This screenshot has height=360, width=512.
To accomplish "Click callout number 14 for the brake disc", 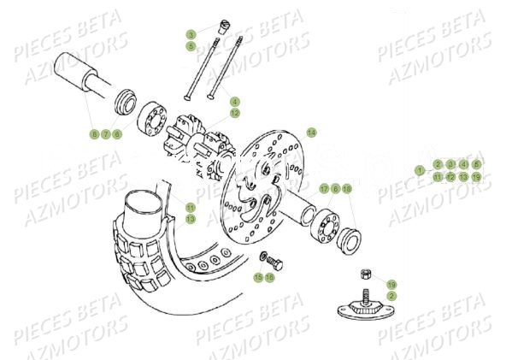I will coord(312,133).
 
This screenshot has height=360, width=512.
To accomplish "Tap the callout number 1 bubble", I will coord(420,170).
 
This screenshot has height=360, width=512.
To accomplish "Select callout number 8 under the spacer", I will coord(94,134).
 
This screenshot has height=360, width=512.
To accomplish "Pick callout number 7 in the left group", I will coord(106,134).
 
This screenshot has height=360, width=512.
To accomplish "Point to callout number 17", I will coord(324,188).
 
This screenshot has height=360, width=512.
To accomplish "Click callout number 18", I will coord(347,188).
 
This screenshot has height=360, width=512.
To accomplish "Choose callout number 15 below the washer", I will coord(257,277).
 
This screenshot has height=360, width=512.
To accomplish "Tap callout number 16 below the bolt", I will coord(269,277).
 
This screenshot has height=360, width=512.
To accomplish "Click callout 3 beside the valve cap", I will coord(191,34).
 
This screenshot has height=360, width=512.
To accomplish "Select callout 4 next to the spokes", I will coord(234,101).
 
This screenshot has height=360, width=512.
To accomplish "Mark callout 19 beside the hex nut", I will coord(391,284).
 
